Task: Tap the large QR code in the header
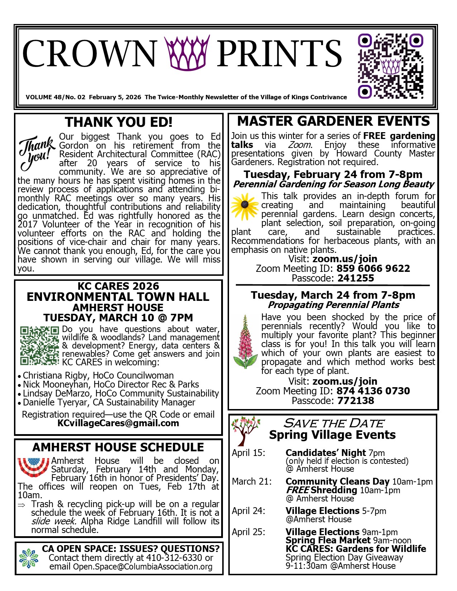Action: pos(391,66)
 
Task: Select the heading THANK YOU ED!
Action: pos(119,122)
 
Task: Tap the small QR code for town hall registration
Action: pos(39,345)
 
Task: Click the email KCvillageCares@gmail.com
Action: pos(118,423)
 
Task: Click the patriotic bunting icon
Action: pos(33,467)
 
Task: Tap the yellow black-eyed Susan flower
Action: pos(244,206)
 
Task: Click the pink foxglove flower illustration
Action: pos(245,342)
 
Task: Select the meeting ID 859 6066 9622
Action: pos(373,269)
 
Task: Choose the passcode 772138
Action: pos(356,401)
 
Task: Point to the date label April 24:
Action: pos(248,511)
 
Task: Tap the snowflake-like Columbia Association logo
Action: pos(28,558)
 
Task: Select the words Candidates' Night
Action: pos(325,453)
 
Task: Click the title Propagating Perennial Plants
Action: pos(333,305)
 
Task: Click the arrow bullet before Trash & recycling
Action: pos(22,505)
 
